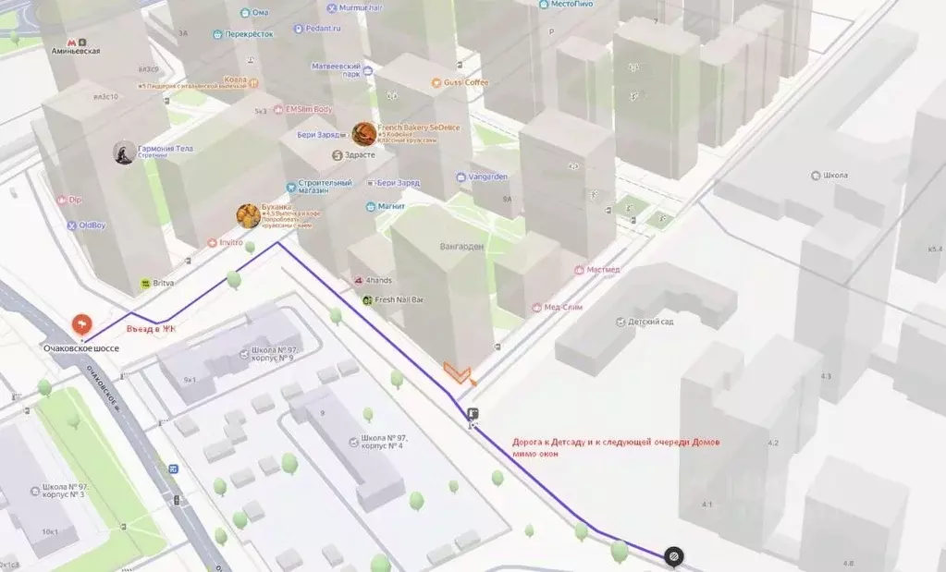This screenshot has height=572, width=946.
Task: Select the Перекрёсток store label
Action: coord(250,34)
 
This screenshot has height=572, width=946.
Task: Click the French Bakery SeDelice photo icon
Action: coord(364,134)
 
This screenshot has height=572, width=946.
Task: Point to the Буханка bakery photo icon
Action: coord(248,216)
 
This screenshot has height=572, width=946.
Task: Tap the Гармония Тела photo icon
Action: coord(124,152)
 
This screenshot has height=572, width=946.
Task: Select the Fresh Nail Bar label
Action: coord(399,300)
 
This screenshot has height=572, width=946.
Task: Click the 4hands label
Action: coord(379,280)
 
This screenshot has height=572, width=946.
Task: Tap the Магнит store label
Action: coord(390,206)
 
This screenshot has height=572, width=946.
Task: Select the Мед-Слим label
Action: coord(562,307)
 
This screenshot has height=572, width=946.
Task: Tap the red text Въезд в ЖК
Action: coord(152,328)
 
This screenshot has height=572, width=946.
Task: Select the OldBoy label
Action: coord(91,225)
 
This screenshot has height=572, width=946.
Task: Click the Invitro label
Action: coord(230,243)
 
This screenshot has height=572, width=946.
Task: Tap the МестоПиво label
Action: coord(571,5)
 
